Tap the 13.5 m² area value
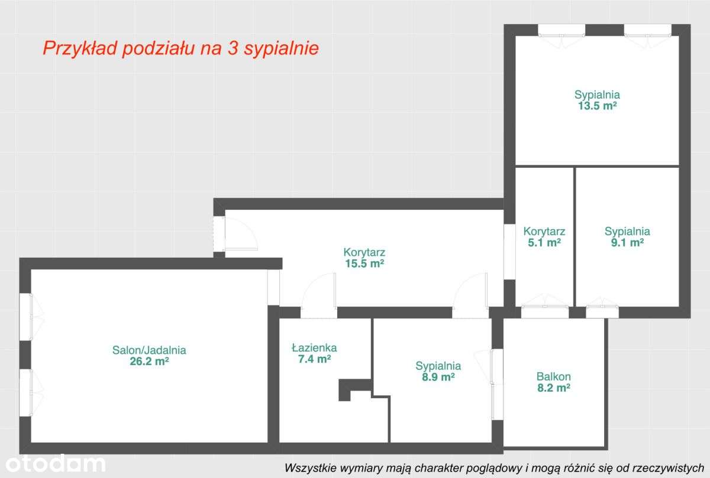coord(597,106)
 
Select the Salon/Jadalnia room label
coord(149,350)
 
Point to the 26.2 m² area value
coord(149,362)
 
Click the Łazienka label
coord(314,347)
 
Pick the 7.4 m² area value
coord(314,359)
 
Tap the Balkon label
coord(554,376)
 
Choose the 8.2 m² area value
coord(554,388)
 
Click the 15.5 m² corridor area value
coord(364,264)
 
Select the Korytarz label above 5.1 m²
coord(544,231)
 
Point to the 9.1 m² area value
coord(627,242)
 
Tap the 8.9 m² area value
coord(438,377)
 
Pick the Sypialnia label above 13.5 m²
coord(597,95)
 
